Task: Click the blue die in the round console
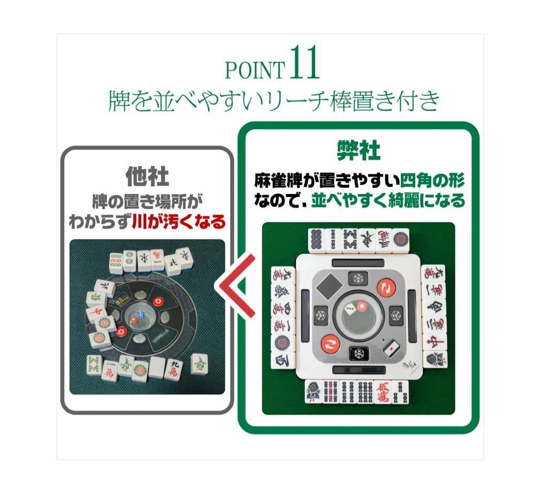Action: tap(132, 321)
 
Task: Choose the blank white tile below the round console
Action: tap(156, 367)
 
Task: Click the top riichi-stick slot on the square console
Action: tap(358, 263)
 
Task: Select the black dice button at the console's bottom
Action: tap(358, 353)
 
